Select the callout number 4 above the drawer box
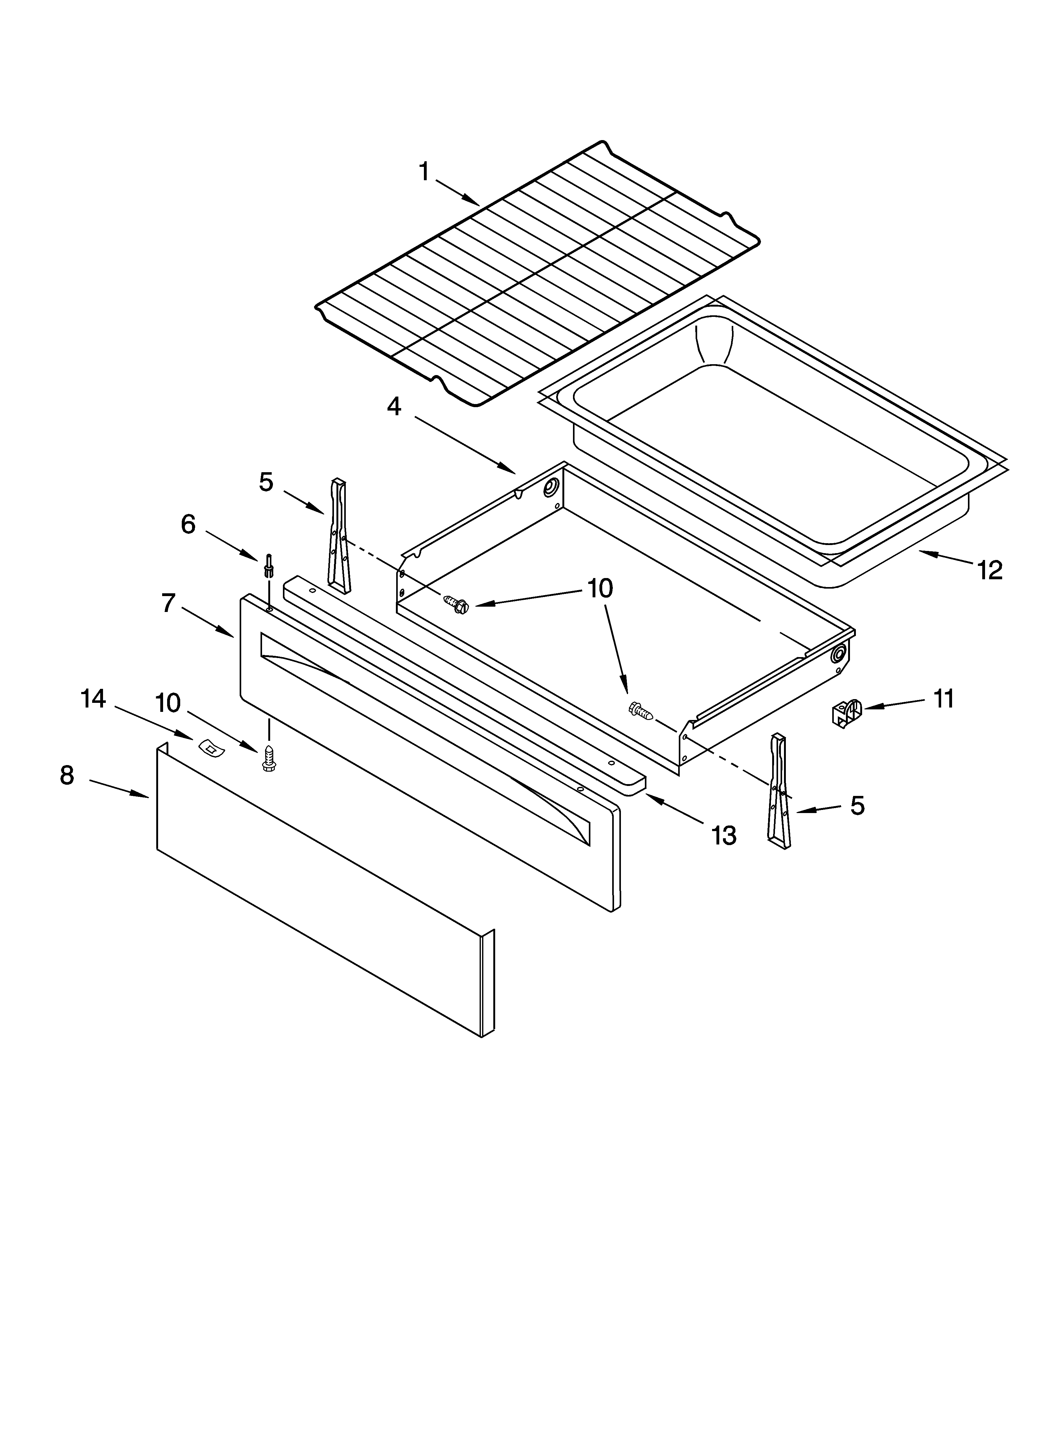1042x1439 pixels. (x=394, y=407)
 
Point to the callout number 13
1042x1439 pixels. (x=723, y=836)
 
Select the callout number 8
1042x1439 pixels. (x=67, y=775)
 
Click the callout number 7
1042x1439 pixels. (x=167, y=603)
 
